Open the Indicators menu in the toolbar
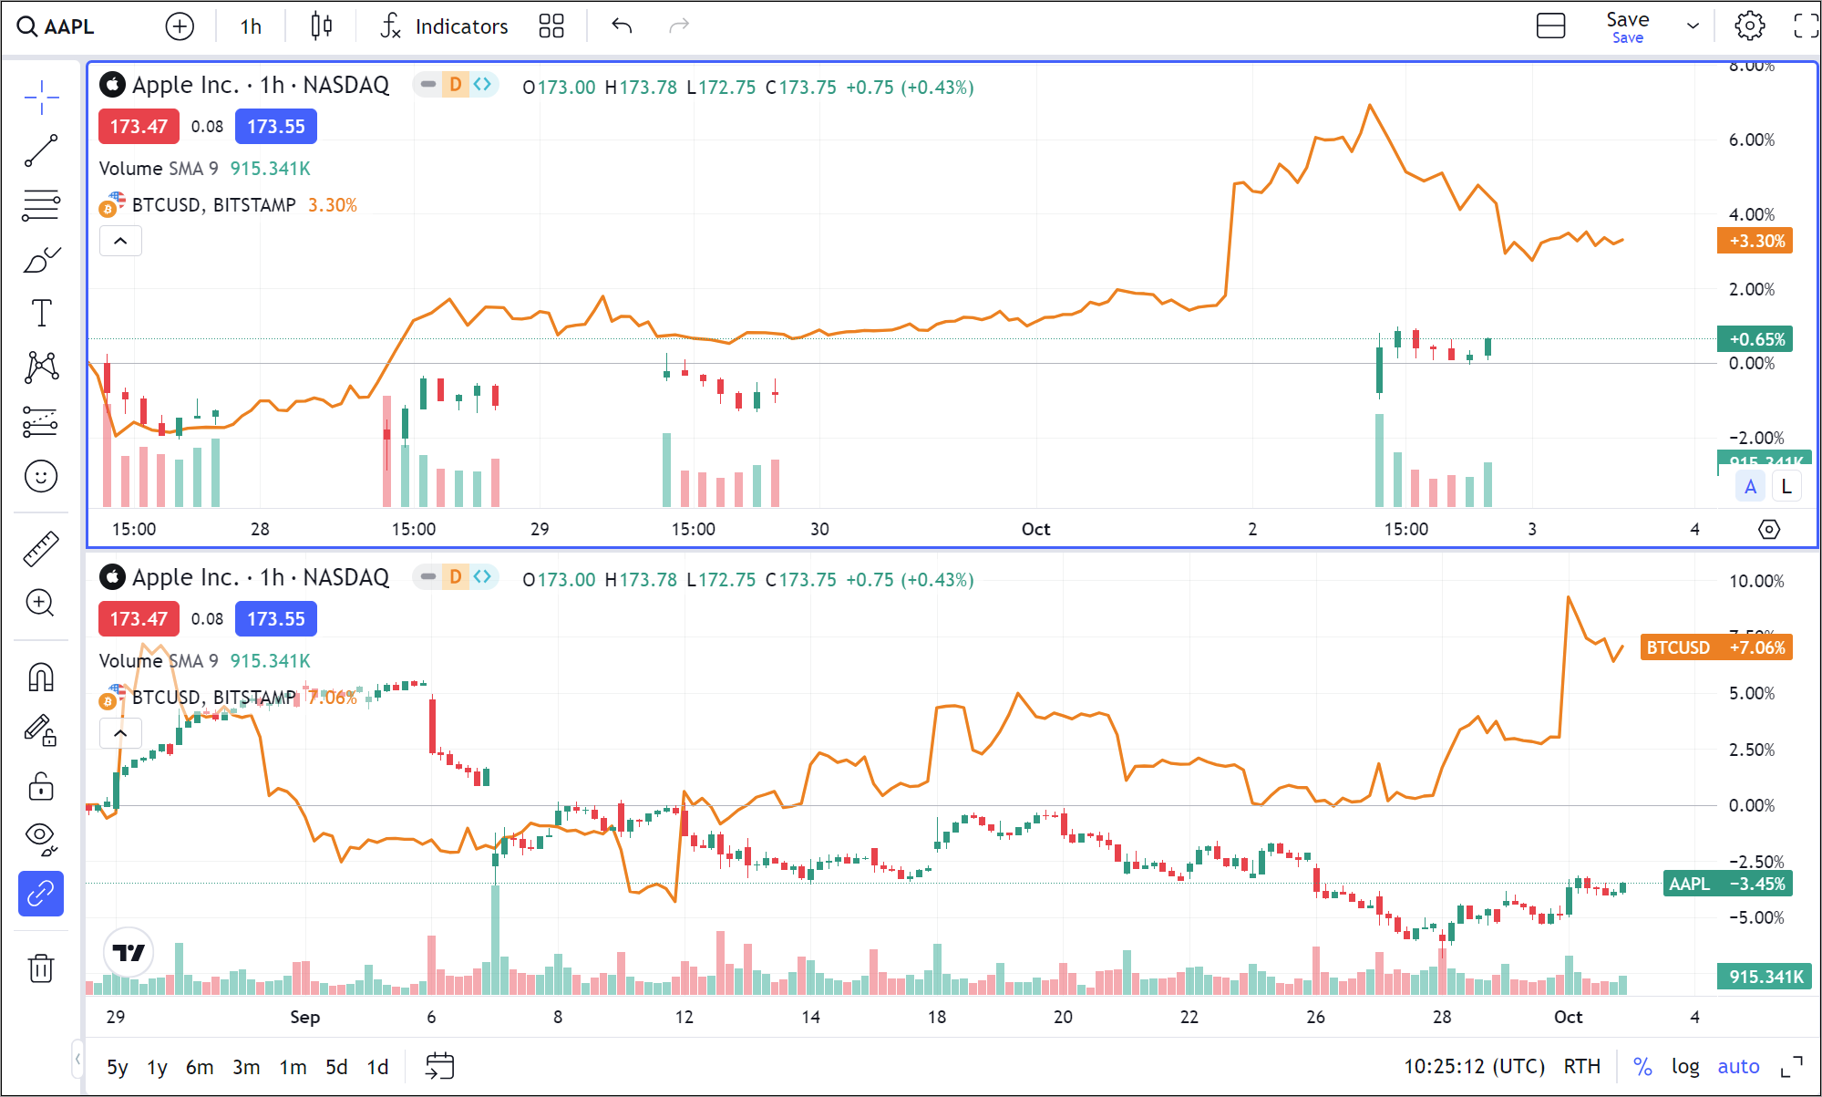445,26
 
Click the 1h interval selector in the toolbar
251,26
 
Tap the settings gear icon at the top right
1749,26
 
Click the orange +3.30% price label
1755,241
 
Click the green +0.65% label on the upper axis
1755,339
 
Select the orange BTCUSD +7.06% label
1715,647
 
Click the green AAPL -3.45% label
1727,884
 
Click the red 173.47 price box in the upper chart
139,127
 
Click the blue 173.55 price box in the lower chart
275,619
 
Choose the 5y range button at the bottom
117,1067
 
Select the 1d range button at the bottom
377,1067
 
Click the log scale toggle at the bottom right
1684,1066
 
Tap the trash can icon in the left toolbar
41,968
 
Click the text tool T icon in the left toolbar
41,313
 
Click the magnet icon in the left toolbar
41,677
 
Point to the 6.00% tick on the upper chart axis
1751,140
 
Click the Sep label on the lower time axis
304,1017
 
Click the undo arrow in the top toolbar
622,26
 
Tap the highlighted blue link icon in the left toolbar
41,894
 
